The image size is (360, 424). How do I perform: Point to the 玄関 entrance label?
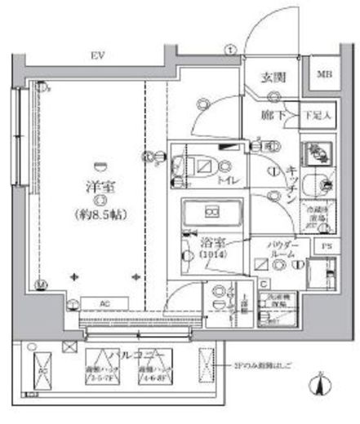coord(272,78)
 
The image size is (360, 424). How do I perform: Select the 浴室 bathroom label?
coord(212,244)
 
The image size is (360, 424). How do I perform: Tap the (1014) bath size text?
coord(211,257)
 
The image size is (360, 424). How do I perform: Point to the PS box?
coord(326,245)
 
